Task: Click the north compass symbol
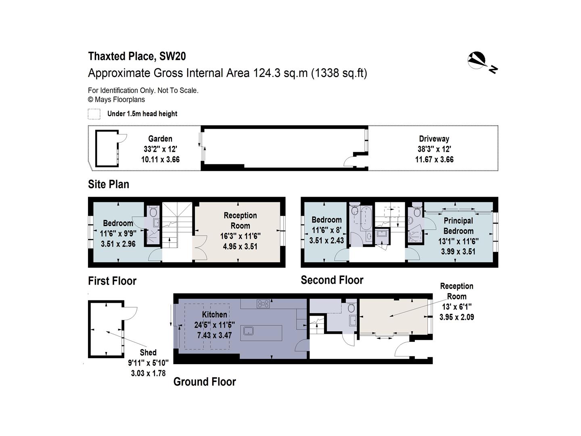pos(478,61)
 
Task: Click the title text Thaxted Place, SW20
pos(137,56)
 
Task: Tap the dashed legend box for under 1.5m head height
pos(94,114)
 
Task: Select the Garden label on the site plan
pos(160,138)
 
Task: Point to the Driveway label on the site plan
pos(434,138)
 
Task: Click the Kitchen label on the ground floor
pos(214,314)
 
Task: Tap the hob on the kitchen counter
pos(263,304)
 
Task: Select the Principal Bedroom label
pos(458,226)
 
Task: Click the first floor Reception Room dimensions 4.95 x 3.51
pos(240,246)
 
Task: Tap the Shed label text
pos(148,352)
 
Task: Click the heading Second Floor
pos(332,280)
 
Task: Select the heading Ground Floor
pos(205,381)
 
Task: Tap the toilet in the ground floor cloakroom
pos(351,308)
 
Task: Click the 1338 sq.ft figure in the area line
pos(339,73)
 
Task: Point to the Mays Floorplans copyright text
pos(116,100)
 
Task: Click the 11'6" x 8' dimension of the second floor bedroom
pos(326,230)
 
